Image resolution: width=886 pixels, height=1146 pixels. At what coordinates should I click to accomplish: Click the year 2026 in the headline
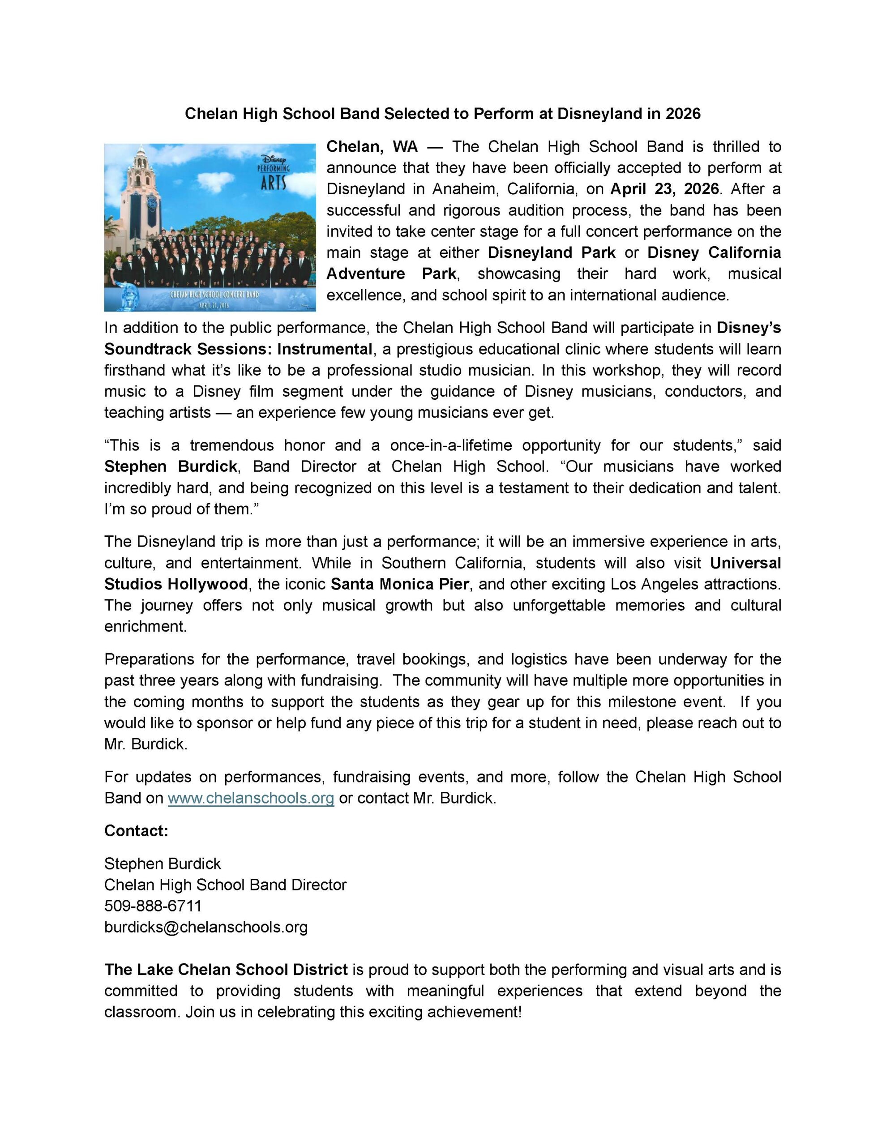pos(683,114)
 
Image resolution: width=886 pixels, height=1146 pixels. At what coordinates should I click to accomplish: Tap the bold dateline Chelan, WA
pos(372,146)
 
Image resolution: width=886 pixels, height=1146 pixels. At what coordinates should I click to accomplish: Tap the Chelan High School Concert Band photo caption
pos(214,295)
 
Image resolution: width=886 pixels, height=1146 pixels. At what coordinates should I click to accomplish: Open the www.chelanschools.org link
pos(251,798)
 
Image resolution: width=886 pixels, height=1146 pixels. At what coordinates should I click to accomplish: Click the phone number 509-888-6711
pos(153,906)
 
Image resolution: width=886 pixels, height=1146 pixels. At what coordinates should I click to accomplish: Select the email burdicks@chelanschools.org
pos(206,927)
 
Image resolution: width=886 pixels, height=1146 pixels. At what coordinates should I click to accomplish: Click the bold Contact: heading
pos(136,831)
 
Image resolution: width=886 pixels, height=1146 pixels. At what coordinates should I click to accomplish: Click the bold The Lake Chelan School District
pos(226,970)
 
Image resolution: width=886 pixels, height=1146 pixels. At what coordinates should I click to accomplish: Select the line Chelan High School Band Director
pos(225,885)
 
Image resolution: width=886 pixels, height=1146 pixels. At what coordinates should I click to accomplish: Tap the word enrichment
pos(145,627)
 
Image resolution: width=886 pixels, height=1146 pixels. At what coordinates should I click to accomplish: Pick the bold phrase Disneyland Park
pos(551,252)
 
